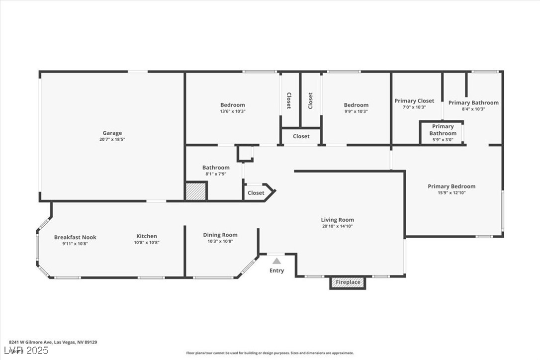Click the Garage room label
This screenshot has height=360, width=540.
112,133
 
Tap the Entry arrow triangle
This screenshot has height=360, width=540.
276,261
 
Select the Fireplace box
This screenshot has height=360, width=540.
348,282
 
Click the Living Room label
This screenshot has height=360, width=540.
337,220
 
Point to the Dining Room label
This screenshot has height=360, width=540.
220,235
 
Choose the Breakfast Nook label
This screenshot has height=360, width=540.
75,237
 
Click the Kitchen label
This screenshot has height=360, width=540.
147,236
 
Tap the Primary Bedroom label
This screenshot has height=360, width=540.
451,186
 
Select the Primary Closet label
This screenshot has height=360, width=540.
414,101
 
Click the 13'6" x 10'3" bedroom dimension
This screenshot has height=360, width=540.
233,111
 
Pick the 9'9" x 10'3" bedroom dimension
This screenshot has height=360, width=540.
356,111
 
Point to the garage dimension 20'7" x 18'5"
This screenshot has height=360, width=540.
112,140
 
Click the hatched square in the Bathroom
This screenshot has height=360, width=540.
196,191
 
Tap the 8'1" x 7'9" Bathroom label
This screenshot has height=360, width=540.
216,174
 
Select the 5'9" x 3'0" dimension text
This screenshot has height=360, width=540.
443,140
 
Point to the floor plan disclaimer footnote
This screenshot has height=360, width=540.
270,353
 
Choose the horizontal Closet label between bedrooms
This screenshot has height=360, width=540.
301,136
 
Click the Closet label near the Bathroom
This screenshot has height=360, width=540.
256,193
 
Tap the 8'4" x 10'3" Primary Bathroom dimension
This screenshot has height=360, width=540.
473,109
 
